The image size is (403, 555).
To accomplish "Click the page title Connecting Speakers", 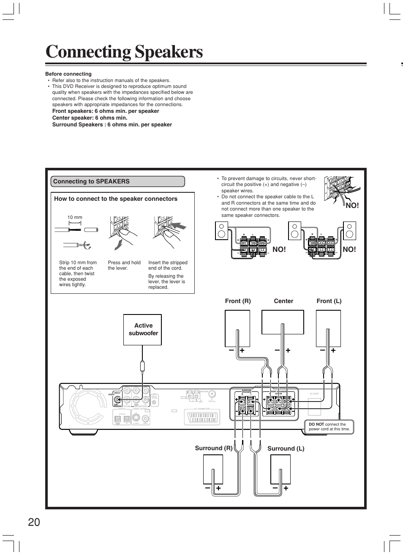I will click(x=124, y=52).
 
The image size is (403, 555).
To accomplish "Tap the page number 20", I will click(x=34, y=522).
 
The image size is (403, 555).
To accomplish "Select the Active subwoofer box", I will click(x=143, y=329).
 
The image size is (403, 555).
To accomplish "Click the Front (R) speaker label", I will click(x=238, y=301).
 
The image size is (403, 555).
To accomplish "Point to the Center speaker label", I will click(x=283, y=301).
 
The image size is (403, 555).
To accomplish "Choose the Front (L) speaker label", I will click(x=329, y=301).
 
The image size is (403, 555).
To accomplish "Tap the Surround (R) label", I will click(x=213, y=448).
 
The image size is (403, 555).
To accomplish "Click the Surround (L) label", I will click(x=286, y=448).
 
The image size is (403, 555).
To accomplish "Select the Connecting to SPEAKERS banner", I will click(x=117, y=181).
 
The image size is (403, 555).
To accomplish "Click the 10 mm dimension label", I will click(x=75, y=217).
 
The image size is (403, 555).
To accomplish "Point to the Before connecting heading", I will click(x=68, y=74).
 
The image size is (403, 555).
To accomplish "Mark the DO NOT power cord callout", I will click(x=329, y=427).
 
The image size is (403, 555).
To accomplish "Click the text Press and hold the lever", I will click(x=124, y=265).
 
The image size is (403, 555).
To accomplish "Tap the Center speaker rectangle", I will click(x=283, y=322).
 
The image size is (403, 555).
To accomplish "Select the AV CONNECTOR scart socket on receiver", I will click(x=201, y=418).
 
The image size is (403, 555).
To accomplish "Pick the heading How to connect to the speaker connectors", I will click(x=116, y=199).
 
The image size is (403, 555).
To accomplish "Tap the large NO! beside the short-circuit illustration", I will click(x=352, y=205).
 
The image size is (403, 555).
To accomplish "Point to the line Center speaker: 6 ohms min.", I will click(x=90, y=118).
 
